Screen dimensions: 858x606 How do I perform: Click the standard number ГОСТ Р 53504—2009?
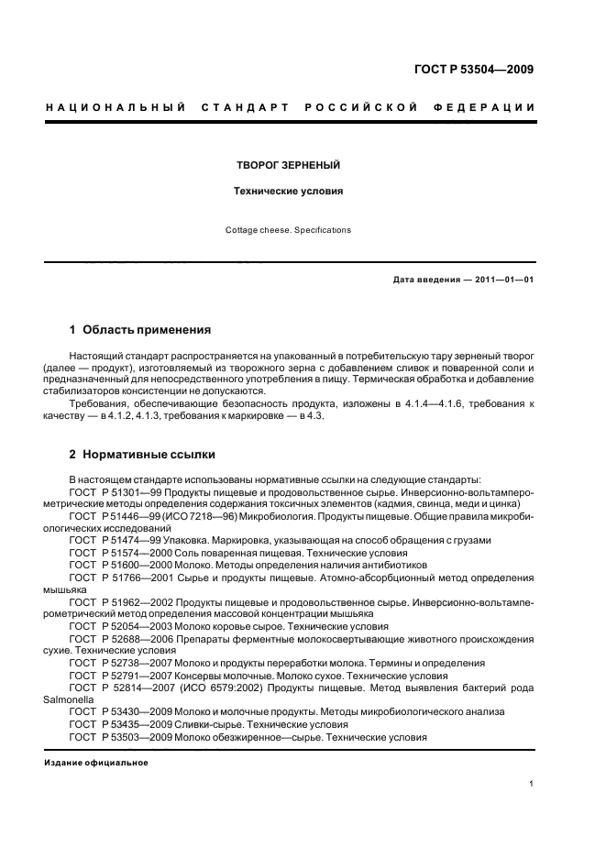pos(473,69)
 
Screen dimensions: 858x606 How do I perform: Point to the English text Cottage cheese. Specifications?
pos(289,230)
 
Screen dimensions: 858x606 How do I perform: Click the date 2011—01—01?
pos(500,280)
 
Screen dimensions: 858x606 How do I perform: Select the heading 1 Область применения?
pos(141,329)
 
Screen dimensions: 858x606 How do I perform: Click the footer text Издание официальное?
pos(96,763)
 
